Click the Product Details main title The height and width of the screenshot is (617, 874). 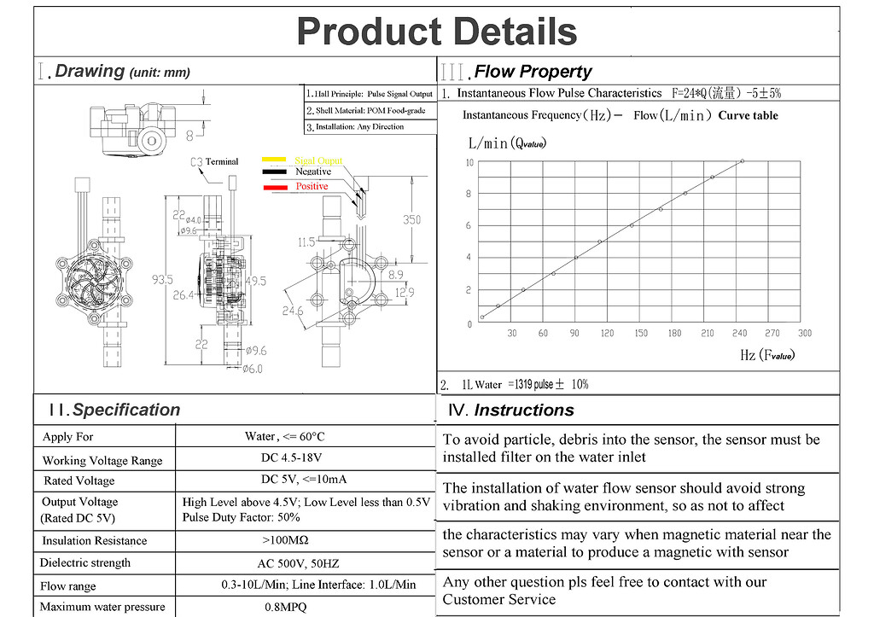436,32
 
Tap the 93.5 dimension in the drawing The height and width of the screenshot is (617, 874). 162,279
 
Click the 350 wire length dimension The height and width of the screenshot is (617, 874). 411,219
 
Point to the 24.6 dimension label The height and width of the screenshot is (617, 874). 292,311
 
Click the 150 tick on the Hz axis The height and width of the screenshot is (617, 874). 640,334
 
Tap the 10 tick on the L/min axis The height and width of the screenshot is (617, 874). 469,162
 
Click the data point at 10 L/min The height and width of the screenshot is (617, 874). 742,160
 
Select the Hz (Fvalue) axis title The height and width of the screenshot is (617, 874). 766,355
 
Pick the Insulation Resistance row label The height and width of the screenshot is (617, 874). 95,540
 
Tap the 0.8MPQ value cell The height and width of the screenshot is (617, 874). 285,607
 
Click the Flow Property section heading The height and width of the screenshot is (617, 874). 532,72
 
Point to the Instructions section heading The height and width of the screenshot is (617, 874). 523,410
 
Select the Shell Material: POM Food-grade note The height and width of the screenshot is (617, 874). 370,110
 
